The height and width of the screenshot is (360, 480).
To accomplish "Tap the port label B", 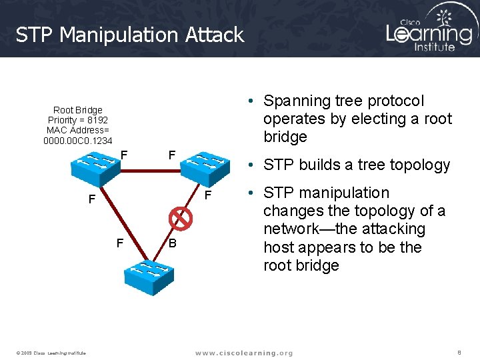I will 172,243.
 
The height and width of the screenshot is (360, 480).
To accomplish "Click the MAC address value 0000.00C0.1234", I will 77,141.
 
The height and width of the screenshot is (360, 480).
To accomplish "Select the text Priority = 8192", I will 77,120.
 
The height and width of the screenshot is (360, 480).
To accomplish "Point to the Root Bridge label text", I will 77,110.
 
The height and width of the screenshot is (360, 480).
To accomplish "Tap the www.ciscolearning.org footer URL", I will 243,353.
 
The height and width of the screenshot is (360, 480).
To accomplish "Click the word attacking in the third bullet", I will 392,229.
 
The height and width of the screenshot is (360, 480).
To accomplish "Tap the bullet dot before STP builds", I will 249,165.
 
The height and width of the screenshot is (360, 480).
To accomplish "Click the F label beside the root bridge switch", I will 124,155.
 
